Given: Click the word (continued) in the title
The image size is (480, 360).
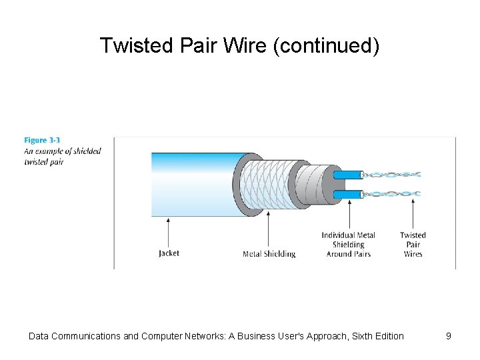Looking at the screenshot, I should (x=326, y=45).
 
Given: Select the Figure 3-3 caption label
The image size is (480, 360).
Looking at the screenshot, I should (x=42, y=140).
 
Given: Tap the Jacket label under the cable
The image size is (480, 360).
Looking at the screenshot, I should (x=169, y=253).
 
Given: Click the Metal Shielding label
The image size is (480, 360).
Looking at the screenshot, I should (x=269, y=254).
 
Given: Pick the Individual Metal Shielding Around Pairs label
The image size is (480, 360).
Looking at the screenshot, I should (x=348, y=245).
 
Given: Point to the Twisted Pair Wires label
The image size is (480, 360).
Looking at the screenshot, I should (x=413, y=245).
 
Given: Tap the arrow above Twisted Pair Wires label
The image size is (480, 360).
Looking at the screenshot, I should (x=413, y=213).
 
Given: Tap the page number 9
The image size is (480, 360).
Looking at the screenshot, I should (x=449, y=336).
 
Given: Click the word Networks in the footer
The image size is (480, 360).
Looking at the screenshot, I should (x=200, y=336).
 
